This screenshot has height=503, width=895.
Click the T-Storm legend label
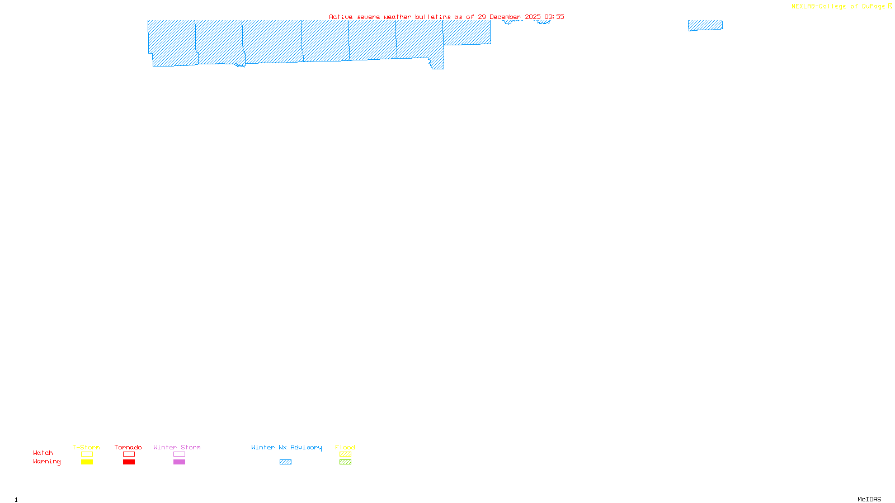(x=86, y=447)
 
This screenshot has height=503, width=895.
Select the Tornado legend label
(x=128, y=447)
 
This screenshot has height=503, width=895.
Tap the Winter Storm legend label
(x=177, y=447)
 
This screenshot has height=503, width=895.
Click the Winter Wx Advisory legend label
(x=286, y=447)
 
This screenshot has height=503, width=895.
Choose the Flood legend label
(x=345, y=447)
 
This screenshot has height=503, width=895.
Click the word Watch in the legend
(x=43, y=453)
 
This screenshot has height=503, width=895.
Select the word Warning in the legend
(x=46, y=462)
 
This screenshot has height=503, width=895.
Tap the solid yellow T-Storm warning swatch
(x=87, y=462)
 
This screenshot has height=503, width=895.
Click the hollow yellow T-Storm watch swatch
(x=87, y=454)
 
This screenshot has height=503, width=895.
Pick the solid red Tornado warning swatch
(x=129, y=462)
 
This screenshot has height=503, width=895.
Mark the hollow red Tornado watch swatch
(x=129, y=454)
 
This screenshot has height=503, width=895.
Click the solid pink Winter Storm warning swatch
(x=179, y=462)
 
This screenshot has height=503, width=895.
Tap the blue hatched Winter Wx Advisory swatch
(x=285, y=462)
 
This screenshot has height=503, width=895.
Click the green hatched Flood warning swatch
(x=345, y=462)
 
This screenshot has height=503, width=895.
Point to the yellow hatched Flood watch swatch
(x=345, y=454)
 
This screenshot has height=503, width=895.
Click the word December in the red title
(x=505, y=17)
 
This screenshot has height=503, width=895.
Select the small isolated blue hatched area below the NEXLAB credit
(x=705, y=25)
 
